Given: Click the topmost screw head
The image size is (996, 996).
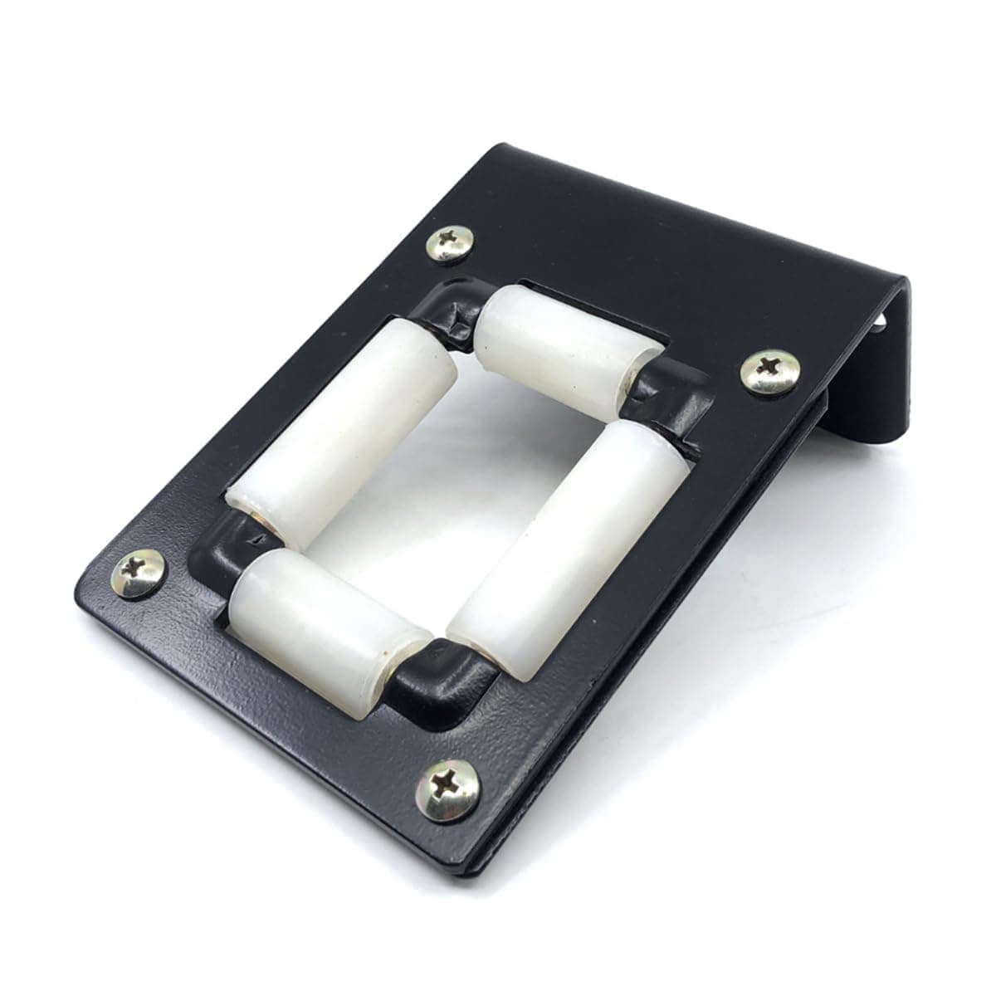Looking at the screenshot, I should pos(449,242).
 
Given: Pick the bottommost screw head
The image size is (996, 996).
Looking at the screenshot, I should pos(447,789).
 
